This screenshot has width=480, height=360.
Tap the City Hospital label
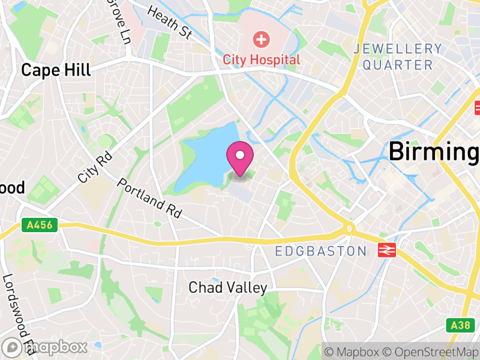(262, 59)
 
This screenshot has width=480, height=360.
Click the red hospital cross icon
(261, 40)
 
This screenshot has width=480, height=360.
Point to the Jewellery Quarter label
(398, 56)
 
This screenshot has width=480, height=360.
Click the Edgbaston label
(320, 251)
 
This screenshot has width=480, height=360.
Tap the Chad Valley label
(227, 287)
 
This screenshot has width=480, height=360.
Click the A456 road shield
(36, 225)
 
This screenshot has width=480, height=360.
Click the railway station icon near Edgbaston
(386, 250)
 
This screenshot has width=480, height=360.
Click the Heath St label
(169, 22)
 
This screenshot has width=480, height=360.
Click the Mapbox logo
(44, 347)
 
